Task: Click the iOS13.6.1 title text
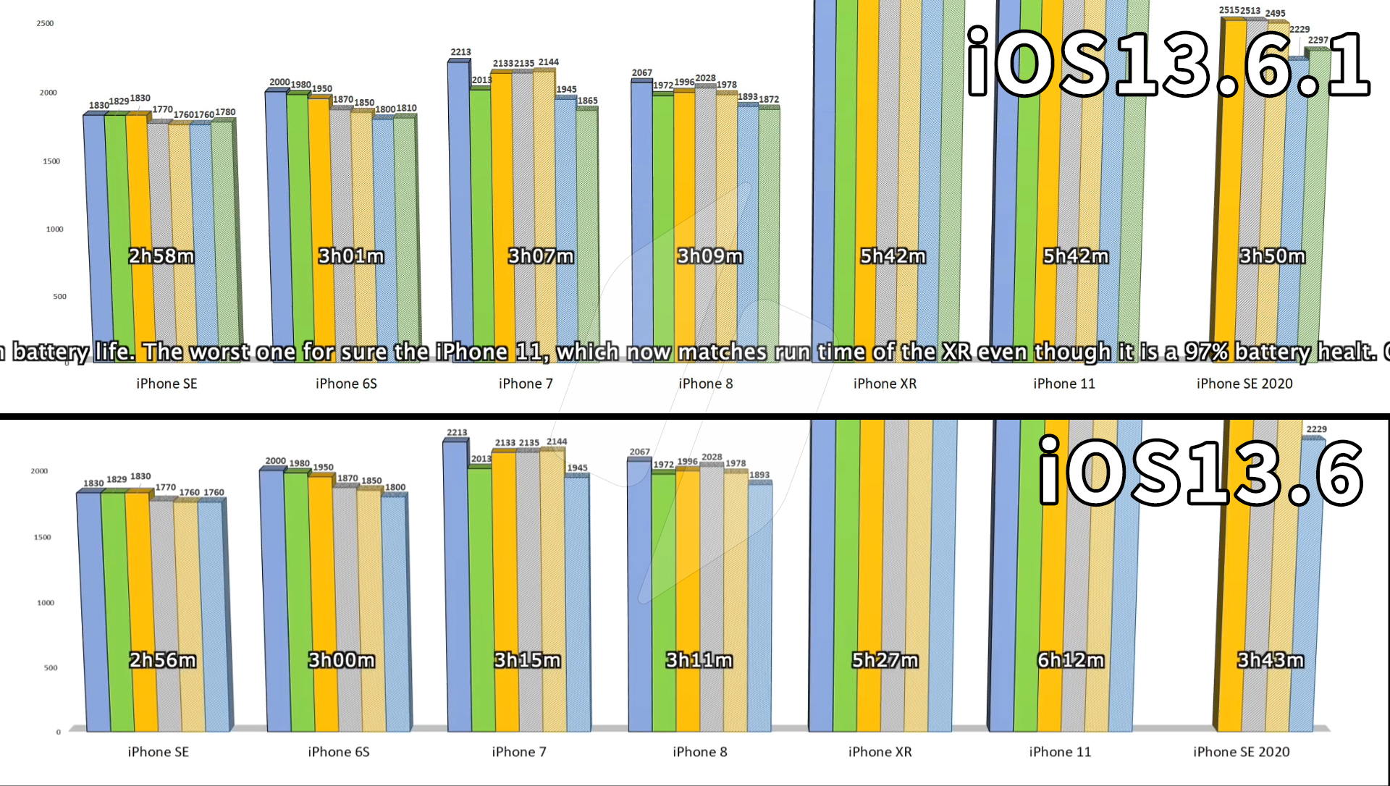click(1167, 64)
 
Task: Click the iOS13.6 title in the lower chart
click(1200, 473)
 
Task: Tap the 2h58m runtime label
click(161, 256)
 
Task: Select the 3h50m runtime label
click(1272, 256)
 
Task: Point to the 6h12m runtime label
click(1071, 660)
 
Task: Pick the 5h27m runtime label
click(885, 660)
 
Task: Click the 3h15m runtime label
click(527, 660)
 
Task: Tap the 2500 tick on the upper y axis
click(45, 23)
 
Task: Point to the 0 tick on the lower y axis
click(59, 732)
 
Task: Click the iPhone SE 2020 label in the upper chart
click(1244, 384)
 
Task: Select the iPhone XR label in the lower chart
click(880, 752)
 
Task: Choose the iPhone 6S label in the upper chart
click(346, 384)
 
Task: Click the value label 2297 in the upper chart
click(1318, 40)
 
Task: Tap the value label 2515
click(1229, 10)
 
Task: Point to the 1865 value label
click(587, 101)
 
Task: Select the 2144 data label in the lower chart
click(557, 441)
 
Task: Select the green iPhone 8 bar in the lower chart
click(664, 601)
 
